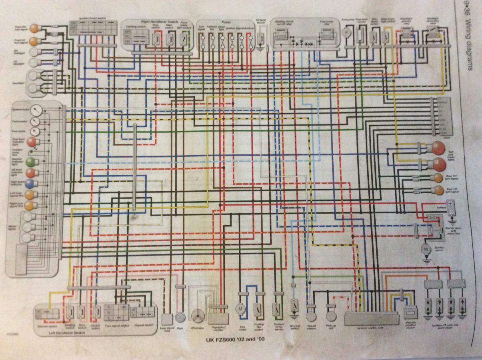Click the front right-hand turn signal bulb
34,28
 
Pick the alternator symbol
198,316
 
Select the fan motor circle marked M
241,309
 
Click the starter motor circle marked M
426,249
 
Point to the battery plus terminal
450,204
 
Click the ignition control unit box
372,319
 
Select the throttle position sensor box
410,312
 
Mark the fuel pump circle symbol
346,33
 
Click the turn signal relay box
167,318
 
